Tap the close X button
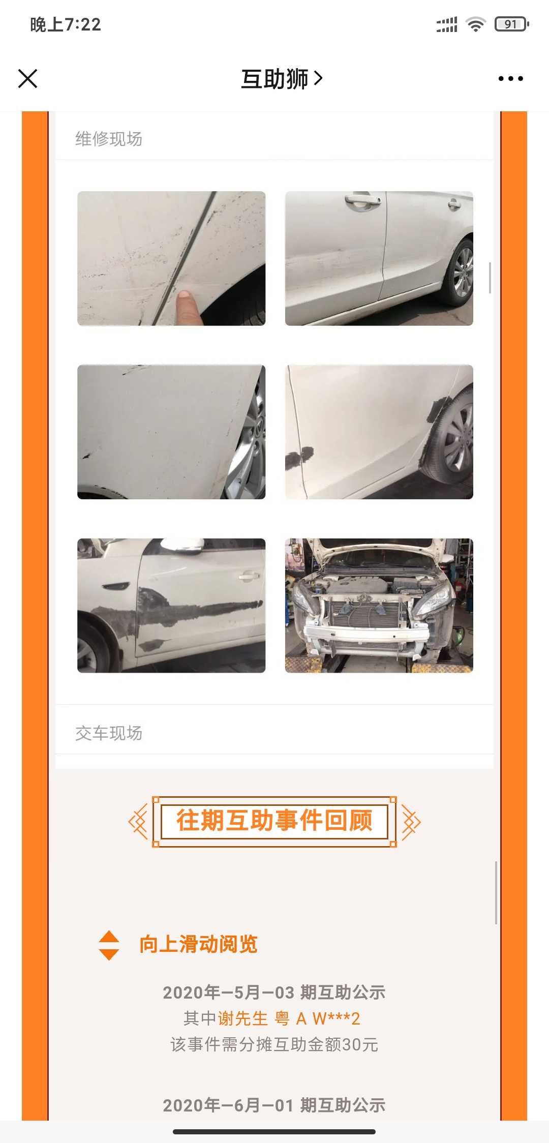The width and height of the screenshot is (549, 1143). point(28,79)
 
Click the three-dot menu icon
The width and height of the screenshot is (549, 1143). point(510,79)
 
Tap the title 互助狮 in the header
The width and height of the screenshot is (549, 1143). point(274,79)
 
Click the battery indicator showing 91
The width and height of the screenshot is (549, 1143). point(512,24)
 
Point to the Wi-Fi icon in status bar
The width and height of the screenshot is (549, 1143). point(476,24)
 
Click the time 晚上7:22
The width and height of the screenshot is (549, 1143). point(66,24)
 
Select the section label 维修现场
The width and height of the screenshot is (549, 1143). point(109,139)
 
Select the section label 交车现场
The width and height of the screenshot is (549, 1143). point(109,733)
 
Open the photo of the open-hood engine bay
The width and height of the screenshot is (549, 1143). point(379,606)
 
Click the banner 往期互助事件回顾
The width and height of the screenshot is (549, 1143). point(274,821)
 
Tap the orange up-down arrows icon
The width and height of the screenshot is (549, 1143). point(109,945)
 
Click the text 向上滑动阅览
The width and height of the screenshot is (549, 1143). point(199,944)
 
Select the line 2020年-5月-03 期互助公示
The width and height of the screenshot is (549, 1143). point(274,992)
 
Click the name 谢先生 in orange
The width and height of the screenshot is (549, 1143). point(243,1018)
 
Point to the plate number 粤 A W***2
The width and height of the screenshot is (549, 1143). point(318,1018)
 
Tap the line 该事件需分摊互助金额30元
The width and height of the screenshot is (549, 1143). point(274,1045)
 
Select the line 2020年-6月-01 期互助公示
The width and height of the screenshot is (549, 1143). point(274,1105)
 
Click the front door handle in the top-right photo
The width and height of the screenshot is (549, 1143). point(362,200)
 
